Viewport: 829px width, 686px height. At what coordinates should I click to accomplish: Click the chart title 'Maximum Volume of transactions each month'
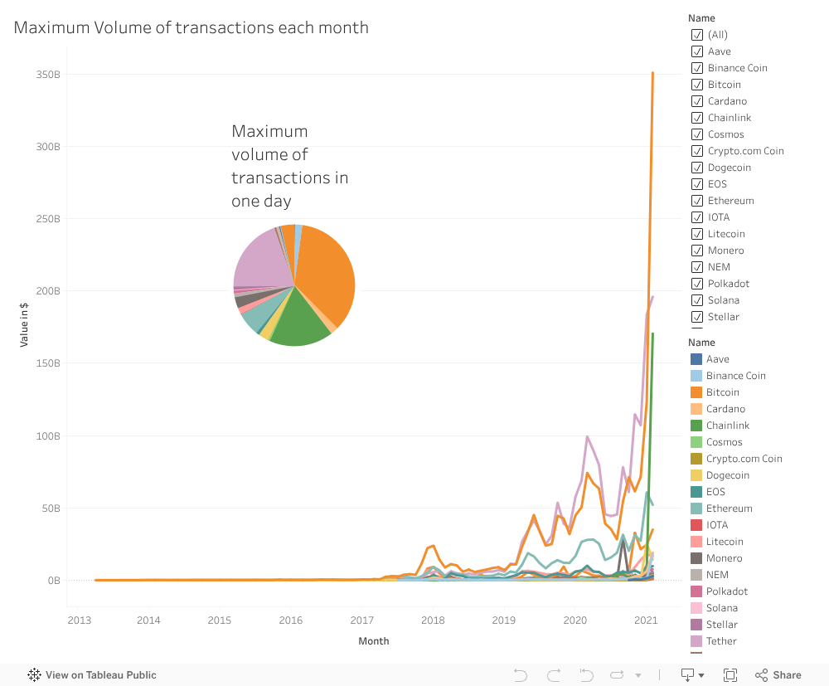click(191, 27)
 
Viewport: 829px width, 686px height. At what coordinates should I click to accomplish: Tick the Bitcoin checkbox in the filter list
click(697, 85)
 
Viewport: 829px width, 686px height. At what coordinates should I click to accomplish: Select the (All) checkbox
click(697, 35)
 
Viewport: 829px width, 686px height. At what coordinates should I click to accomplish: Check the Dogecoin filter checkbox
click(697, 168)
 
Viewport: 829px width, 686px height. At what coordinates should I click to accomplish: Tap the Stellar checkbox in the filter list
click(697, 317)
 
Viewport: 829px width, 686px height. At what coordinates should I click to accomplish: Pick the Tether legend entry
click(720, 641)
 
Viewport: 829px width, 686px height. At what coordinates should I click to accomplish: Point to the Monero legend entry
click(724, 558)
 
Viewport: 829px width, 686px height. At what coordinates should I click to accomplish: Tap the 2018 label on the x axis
click(433, 620)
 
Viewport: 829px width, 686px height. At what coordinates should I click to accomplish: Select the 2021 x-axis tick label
click(646, 620)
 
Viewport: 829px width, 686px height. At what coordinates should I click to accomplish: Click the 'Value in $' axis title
click(25, 324)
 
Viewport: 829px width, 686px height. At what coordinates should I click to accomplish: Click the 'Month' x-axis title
click(373, 641)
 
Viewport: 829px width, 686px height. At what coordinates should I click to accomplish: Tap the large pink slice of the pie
click(261, 257)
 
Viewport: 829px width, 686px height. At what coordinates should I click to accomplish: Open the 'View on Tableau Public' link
click(92, 675)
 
